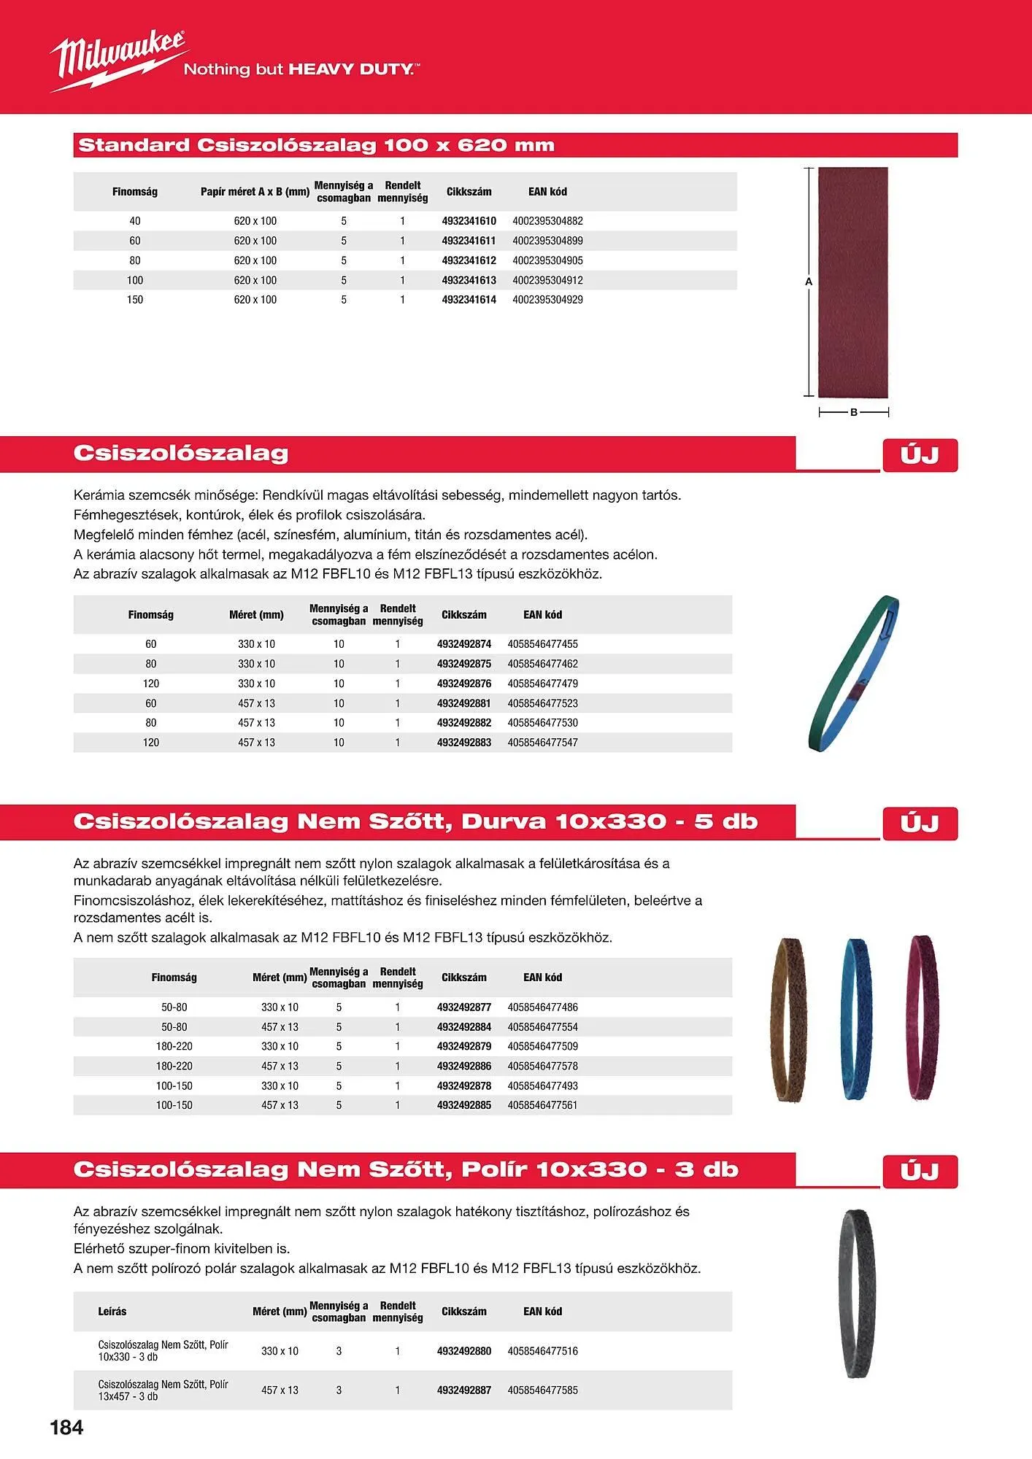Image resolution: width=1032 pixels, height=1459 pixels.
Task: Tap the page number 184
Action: point(66,1428)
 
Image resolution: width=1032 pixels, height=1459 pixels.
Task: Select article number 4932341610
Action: point(469,221)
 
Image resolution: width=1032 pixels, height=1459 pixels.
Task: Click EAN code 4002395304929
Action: point(547,300)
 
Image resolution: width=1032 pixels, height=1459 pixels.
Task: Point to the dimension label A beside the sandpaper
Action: point(809,282)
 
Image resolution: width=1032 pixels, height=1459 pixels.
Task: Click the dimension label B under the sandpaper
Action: point(854,413)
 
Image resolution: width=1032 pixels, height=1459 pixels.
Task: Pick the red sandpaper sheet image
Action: point(852,282)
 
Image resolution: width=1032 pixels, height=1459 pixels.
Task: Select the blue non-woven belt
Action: point(857,1018)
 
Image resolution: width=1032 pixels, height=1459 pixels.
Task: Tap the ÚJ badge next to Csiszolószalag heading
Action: point(920,456)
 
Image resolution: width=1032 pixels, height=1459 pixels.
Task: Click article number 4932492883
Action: point(464,743)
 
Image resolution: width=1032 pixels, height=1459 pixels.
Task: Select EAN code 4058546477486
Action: point(542,1007)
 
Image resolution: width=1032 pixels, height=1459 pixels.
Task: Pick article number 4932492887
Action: point(464,1390)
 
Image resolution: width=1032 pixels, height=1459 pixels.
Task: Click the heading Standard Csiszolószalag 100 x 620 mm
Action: point(316,145)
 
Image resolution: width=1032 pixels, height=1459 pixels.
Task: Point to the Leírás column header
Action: point(112,1312)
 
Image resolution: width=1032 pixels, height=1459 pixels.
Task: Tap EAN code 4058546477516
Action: point(542,1351)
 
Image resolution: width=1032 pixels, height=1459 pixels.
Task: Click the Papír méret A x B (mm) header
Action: point(255,192)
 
